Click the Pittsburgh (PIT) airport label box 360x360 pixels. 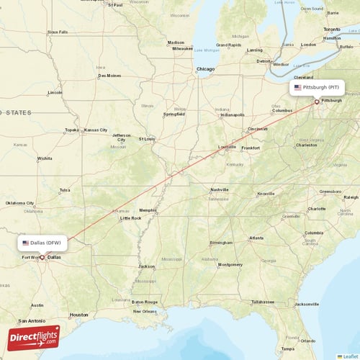point(317,87)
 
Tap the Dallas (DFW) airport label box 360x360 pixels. point(45,243)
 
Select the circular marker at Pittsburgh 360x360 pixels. point(317,102)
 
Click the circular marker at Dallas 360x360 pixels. point(42,257)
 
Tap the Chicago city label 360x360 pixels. point(206,69)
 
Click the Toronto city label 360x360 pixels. point(332,29)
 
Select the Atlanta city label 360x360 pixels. point(256,238)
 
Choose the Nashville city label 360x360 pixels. point(220,189)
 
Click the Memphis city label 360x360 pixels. point(148,210)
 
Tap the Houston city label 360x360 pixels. point(79,315)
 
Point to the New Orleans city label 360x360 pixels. point(145,311)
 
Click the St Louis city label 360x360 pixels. point(147,139)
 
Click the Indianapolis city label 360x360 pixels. point(233,114)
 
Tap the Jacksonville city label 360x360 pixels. point(306,304)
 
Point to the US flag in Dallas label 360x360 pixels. point(26,243)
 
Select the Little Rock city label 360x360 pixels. point(130,217)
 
